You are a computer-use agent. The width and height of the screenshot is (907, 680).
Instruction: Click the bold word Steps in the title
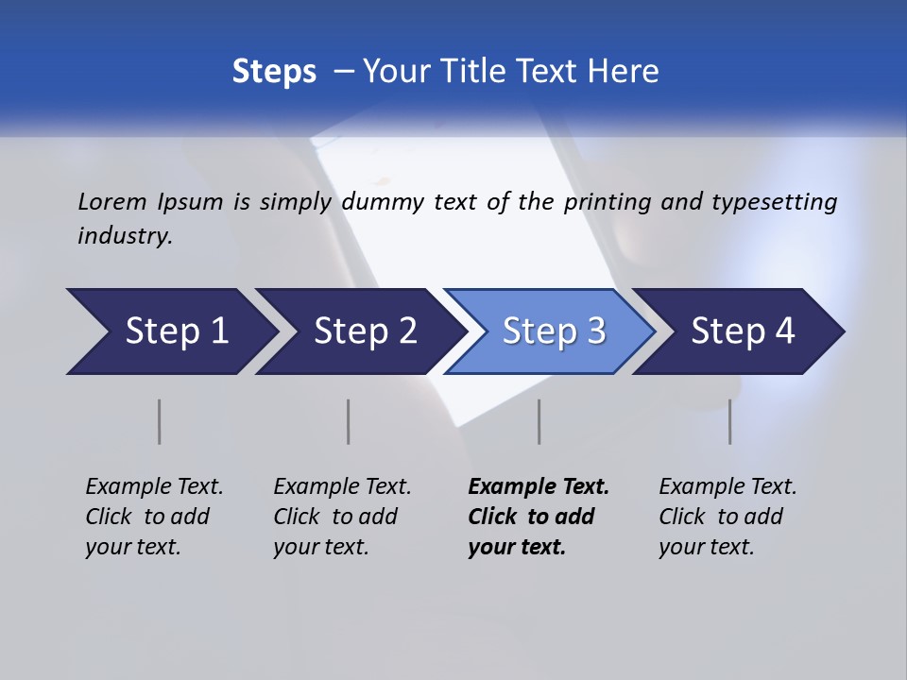click(x=274, y=72)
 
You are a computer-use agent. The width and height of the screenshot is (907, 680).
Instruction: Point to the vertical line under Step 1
click(x=160, y=421)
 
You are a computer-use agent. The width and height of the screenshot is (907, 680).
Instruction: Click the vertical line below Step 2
click(x=349, y=421)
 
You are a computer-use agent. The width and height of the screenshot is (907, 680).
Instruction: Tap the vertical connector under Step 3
click(x=539, y=421)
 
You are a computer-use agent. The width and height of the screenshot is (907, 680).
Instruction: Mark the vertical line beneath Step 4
click(x=730, y=421)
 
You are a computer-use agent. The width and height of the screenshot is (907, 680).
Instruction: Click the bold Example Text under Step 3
click(x=539, y=487)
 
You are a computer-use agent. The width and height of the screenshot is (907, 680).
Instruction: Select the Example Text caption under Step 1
click(x=154, y=487)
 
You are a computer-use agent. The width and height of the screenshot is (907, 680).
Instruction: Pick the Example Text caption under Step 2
click(x=342, y=487)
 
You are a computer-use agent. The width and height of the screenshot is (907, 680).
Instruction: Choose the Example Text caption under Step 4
click(x=727, y=487)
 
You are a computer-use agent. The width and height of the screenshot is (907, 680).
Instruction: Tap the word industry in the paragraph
click(x=125, y=236)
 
